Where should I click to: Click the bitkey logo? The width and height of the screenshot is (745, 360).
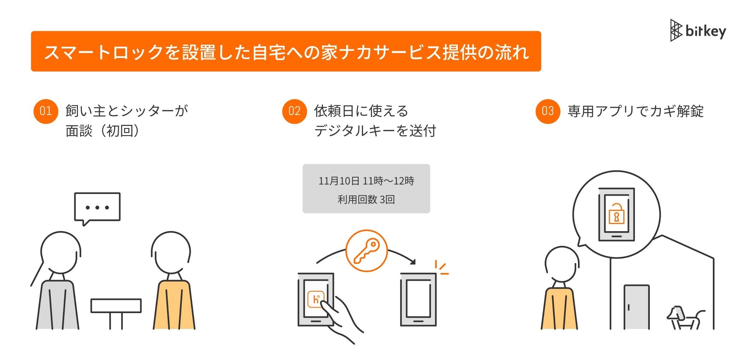click(697, 31)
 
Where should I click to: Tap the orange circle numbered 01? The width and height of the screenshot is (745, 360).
click(45, 111)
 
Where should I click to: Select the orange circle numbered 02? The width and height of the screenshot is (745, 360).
click(294, 111)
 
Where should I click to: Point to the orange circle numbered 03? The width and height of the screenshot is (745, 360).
click(547, 111)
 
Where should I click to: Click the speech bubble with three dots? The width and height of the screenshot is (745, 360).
click(97, 208)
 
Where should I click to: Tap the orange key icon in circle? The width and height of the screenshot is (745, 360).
click(366, 251)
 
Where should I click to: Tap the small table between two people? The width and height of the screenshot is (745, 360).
click(116, 306)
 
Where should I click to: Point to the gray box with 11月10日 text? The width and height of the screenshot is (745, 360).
click(366, 189)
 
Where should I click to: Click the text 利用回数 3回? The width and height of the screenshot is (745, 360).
click(366, 200)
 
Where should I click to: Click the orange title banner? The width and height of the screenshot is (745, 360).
click(286, 52)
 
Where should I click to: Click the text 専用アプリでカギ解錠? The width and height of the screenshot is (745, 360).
click(635, 111)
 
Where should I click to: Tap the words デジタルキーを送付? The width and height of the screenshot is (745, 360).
click(375, 131)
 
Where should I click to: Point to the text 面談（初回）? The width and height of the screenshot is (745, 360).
click(102, 131)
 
